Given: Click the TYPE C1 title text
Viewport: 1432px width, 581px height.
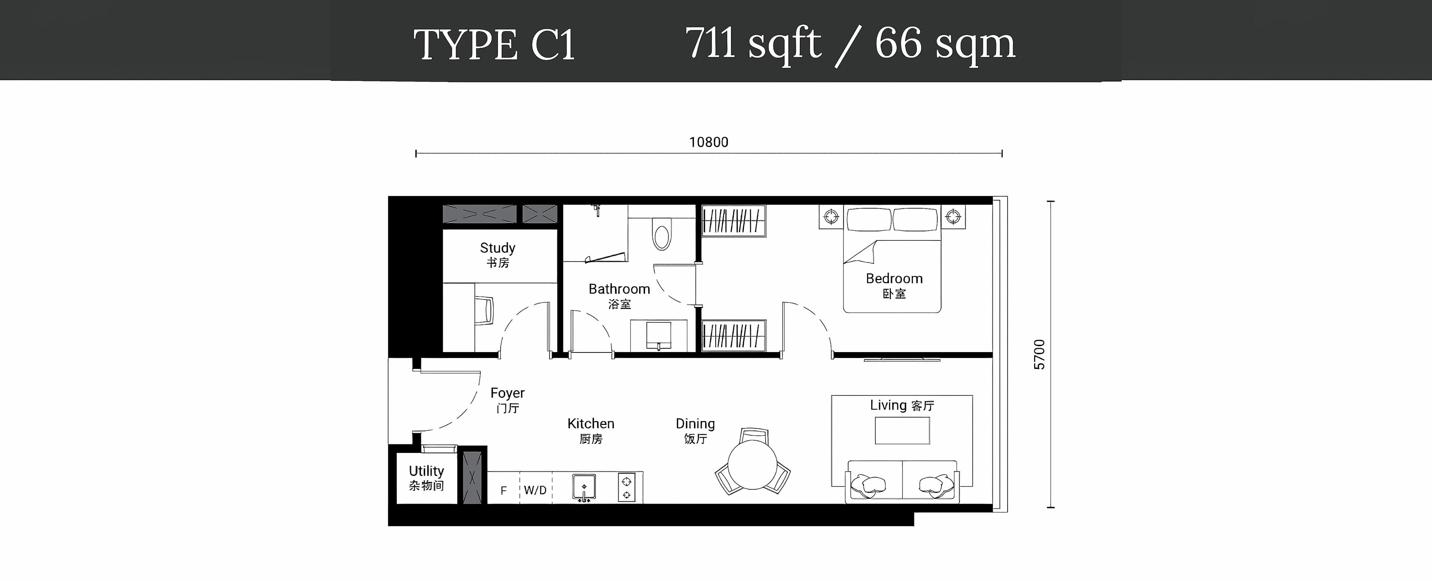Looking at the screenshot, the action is coord(494,44).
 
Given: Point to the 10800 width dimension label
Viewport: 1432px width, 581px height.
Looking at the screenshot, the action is coord(709,142).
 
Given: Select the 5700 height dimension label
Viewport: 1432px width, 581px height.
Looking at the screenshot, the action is coord(1039,354).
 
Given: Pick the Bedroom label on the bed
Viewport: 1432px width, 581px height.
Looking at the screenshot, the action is coord(894,286).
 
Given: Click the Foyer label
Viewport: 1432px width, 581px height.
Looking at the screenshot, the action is coord(508,400).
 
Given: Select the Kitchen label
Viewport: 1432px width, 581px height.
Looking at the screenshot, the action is coord(591,431).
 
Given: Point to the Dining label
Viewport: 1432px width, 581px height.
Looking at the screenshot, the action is coord(695,431).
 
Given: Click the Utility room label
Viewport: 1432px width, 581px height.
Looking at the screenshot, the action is coord(426,478).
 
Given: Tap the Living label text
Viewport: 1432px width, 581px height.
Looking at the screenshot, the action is coord(902,405).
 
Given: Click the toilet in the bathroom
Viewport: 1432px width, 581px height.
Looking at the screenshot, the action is coord(662,234).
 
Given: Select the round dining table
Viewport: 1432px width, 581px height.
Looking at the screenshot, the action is coord(752,465).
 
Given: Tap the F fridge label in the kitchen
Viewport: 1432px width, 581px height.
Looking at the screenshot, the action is coord(504,490).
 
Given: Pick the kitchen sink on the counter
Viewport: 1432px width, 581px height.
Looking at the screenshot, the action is coord(584,488).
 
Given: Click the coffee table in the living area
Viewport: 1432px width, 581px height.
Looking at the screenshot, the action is coord(902,431).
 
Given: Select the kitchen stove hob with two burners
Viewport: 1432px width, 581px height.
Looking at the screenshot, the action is coord(626,488).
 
